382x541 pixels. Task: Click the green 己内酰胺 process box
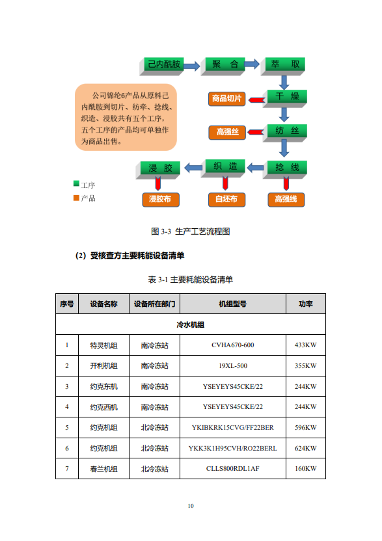point(161,66)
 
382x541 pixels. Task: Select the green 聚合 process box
point(223,66)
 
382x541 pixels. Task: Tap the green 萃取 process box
point(283,66)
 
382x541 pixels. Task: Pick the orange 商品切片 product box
point(226,99)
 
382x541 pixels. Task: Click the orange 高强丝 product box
point(227,133)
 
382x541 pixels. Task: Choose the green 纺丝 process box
point(285,133)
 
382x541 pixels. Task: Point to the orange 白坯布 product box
point(226,200)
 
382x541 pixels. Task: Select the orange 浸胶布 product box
point(161,200)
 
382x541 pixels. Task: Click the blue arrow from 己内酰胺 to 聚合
point(192,66)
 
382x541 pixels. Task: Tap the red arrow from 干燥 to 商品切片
point(257,100)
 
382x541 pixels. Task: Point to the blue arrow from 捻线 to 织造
point(256,168)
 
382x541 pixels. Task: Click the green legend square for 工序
point(76,183)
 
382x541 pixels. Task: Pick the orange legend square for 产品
point(76,198)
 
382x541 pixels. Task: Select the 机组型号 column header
point(233,304)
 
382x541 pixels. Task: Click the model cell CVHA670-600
point(233,345)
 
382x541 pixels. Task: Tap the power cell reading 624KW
point(306,448)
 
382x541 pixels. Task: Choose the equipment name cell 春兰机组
point(103,469)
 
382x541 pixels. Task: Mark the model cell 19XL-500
point(233,365)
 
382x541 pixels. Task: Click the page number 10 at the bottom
point(191,506)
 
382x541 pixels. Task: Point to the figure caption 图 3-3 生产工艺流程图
point(191,231)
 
